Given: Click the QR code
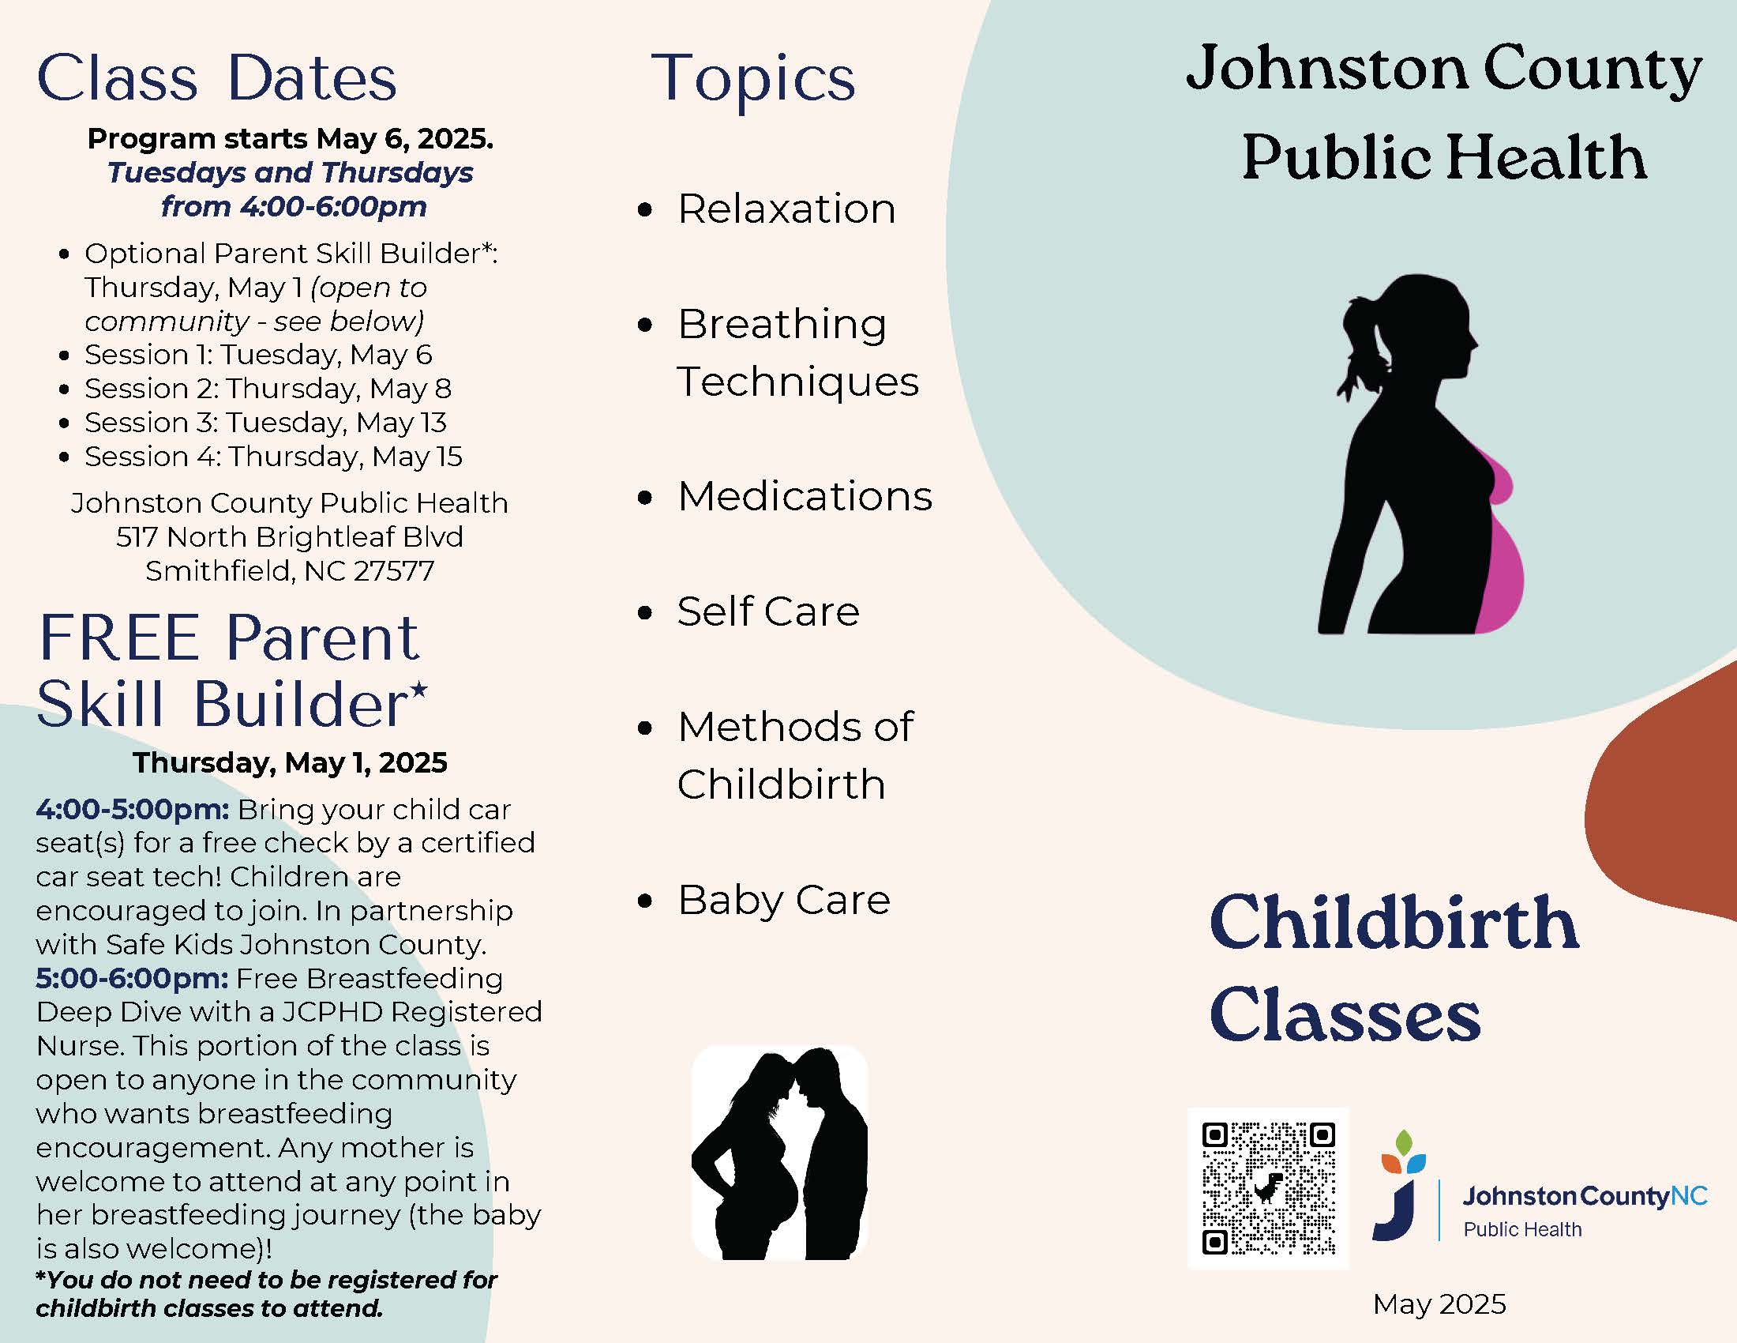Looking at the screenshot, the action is [1268, 1188].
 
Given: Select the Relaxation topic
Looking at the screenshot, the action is [786, 209].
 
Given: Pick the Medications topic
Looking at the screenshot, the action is [805, 496].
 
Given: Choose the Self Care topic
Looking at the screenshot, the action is [768, 611].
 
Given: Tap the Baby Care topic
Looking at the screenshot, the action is [783, 901].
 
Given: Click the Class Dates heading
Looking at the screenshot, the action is [216, 78].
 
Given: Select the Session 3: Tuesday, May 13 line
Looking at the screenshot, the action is [265, 423].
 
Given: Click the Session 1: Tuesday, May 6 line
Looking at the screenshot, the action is [258, 355].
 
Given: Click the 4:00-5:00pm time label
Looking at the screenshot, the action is [133, 809].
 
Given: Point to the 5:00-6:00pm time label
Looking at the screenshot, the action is [132, 978].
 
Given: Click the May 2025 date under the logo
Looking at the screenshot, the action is [1439, 1304].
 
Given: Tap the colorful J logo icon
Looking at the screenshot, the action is [1400, 1186].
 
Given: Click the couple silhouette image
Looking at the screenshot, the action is [779, 1153].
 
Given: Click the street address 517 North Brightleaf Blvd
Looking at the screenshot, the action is [290, 537].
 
